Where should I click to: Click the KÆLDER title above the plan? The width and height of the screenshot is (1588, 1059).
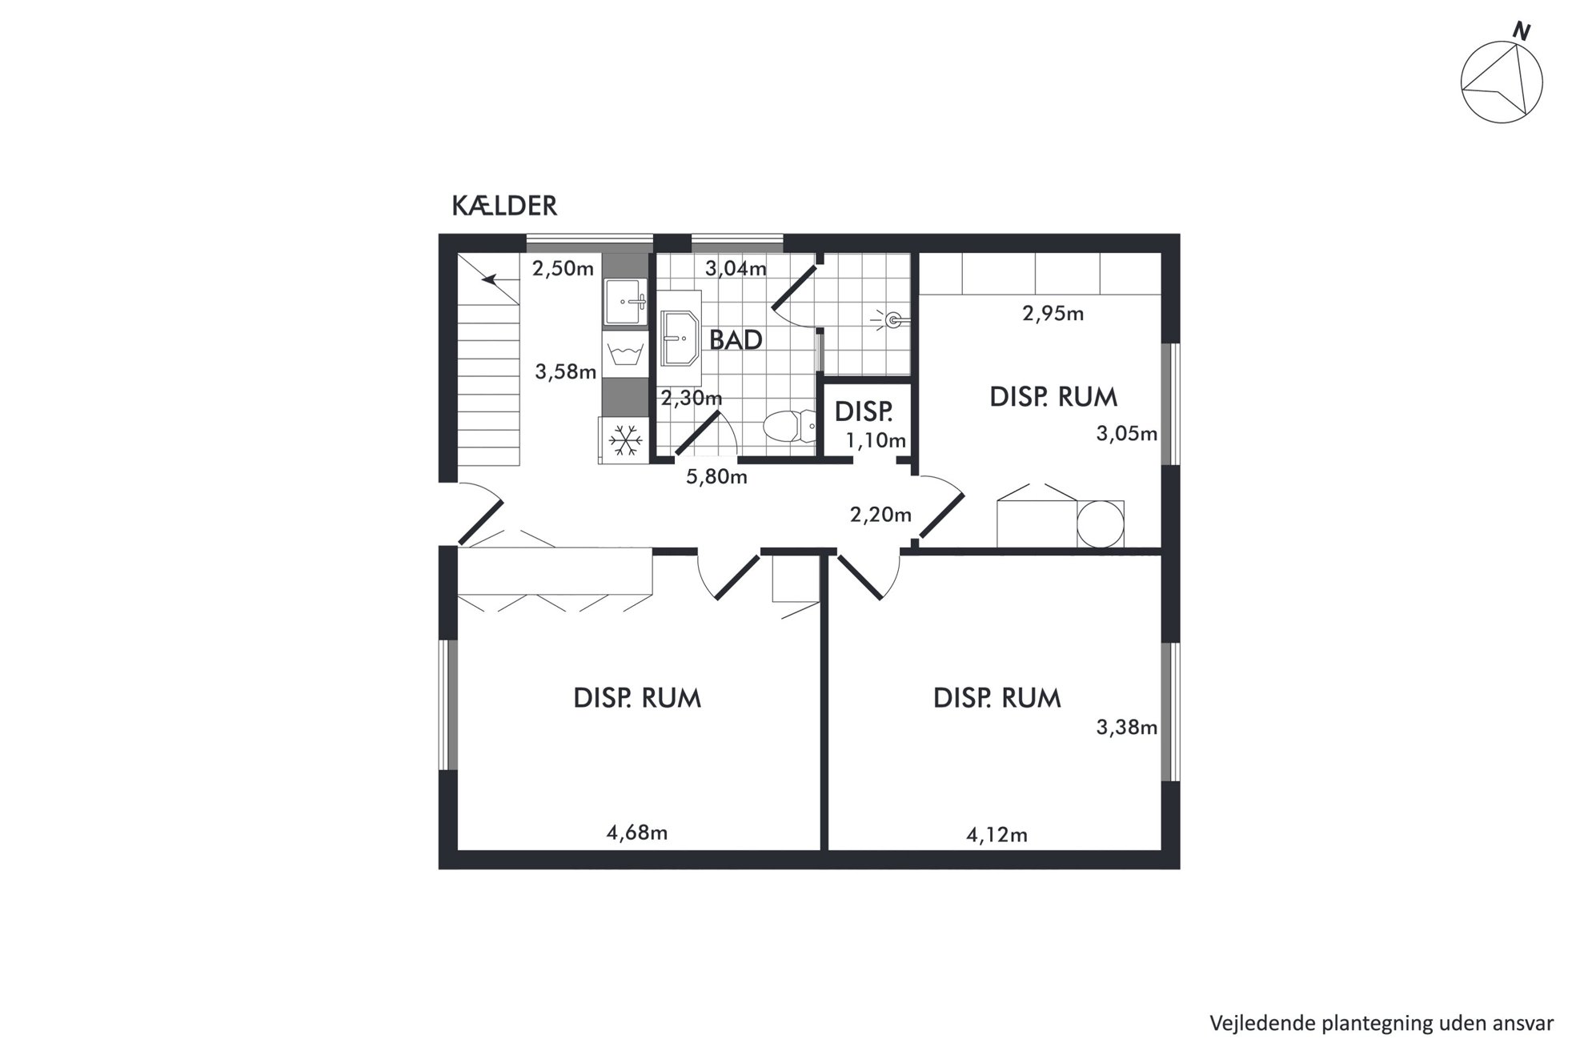coord(504,206)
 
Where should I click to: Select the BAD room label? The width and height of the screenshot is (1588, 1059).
coord(736,340)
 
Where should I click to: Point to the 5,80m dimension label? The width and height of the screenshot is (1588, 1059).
coord(717,477)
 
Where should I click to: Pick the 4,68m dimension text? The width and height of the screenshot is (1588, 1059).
coord(637,832)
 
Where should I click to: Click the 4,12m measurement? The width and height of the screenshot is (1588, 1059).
coord(997,835)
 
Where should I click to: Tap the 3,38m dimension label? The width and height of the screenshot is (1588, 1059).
coord(1127,728)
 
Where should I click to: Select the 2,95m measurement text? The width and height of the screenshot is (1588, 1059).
coord(1053,313)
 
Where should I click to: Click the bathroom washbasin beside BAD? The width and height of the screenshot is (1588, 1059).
coord(681,339)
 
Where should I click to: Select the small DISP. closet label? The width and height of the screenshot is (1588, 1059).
coord(864,411)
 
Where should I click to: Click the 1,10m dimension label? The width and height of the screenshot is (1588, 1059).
coord(876,440)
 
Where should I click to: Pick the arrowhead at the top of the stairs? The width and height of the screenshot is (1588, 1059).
coord(489,279)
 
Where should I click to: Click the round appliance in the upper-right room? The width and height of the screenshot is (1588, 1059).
coord(1101,523)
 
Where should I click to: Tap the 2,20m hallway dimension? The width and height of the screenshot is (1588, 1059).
coord(880,515)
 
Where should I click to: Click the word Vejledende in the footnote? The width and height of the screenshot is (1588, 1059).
coord(1253,1023)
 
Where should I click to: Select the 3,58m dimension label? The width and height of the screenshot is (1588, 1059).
coord(566,371)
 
